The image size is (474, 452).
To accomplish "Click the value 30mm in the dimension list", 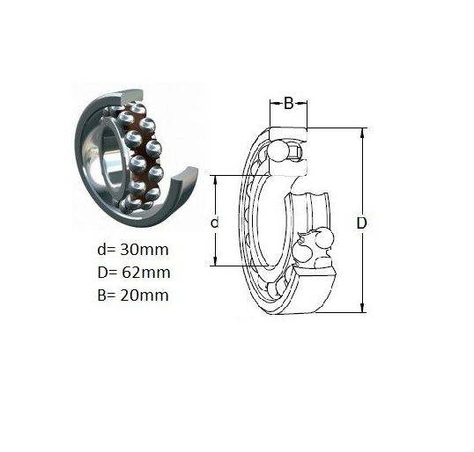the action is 144,250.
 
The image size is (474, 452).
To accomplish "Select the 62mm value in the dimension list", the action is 146,273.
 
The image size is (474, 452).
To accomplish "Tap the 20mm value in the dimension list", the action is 144,295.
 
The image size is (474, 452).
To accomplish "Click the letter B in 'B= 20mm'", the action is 101,295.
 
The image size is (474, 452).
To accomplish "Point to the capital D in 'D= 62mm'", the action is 102,273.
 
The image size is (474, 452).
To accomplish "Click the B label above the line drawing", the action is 289,104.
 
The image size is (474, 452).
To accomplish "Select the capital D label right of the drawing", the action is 361,223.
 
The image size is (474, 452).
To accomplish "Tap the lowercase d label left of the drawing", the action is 215,223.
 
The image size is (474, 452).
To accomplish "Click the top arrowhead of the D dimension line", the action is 363,133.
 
